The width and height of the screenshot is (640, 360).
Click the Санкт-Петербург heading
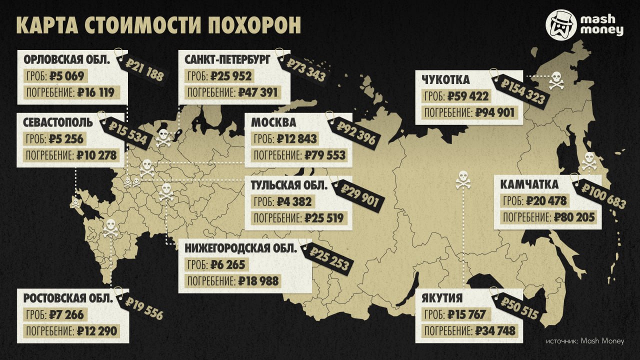tap(227, 60)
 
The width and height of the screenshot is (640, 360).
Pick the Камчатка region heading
tap(529, 184)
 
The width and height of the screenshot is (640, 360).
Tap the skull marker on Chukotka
tap(556, 81)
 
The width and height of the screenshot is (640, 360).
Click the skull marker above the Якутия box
tap(463, 180)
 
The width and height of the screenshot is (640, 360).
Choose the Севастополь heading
tap(58, 122)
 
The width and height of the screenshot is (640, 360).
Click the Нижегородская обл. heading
tap(240, 248)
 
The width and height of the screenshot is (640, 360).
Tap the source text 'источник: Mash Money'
tap(584, 341)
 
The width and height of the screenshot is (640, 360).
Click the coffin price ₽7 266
tap(66, 315)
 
